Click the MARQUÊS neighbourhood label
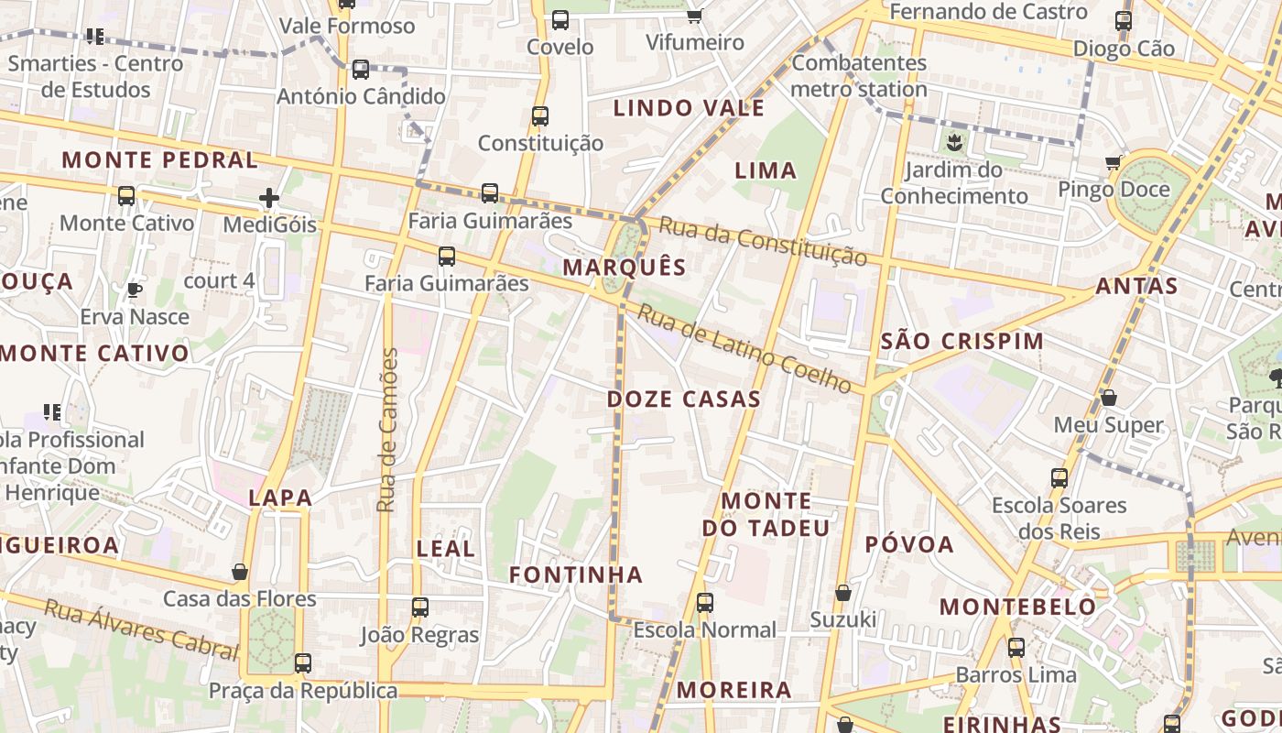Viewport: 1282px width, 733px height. click(x=624, y=268)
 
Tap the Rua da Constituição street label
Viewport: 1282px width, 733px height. click(x=762, y=242)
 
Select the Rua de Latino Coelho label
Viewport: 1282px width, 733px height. click(x=744, y=349)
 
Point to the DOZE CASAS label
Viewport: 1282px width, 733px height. click(x=683, y=399)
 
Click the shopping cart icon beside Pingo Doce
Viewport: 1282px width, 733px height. click(x=1114, y=163)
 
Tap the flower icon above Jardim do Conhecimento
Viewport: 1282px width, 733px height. click(x=954, y=142)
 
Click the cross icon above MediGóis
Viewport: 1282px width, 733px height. click(x=269, y=198)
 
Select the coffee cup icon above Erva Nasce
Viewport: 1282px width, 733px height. click(x=135, y=290)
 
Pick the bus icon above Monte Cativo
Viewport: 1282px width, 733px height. click(x=126, y=196)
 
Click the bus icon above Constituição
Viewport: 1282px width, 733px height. click(x=540, y=116)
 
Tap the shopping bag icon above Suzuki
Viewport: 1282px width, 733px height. click(x=843, y=593)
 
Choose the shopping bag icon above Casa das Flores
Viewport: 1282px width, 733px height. click(x=240, y=572)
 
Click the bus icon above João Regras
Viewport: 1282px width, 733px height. click(x=420, y=607)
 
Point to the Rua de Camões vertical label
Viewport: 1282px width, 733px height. click(x=388, y=430)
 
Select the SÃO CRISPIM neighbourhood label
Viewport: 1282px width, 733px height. click(x=961, y=342)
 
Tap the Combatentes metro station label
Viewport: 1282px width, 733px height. click(x=859, y=76)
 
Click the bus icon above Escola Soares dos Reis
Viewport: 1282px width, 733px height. click(x=1059, y=477)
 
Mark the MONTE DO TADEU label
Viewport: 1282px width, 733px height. click(x=766, y=514)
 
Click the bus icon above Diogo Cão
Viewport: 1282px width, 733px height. click(x=1124, y=21)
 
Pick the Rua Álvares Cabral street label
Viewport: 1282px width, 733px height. click(x=141, y=629)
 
